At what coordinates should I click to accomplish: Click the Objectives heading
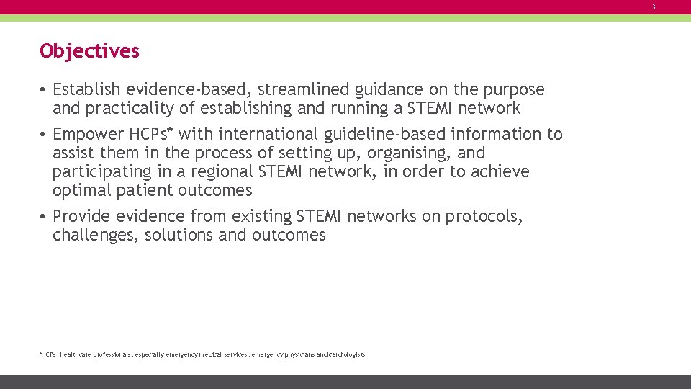point(89,51)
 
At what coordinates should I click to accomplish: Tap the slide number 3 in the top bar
point(654,7)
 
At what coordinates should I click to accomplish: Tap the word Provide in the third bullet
point(81,216)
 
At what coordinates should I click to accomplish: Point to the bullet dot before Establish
point(44,90)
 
